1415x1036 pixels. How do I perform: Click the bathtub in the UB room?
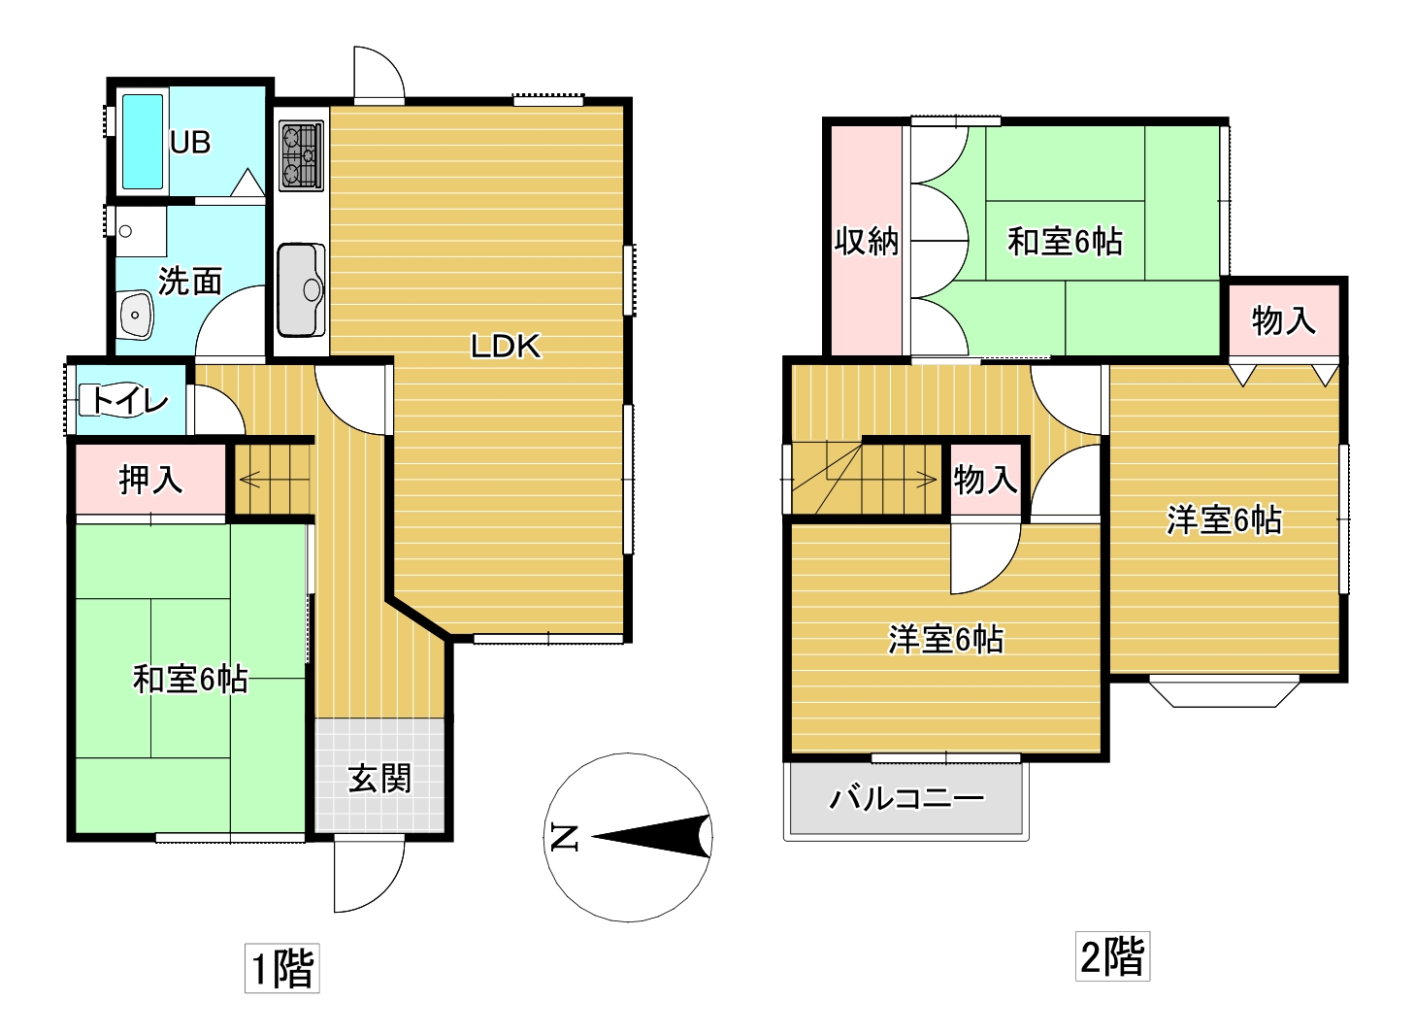[x=142, y=142]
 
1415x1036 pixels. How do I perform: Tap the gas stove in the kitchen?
[x=301, y=156]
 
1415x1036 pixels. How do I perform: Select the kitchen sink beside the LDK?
[x=301, y=289]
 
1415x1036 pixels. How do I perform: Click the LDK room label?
[x=506, y=347]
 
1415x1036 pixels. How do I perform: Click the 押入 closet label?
[x=151, y=480]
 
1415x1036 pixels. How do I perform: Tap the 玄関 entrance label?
[x=379, y=778]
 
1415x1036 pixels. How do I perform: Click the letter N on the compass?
[x=564, y=837]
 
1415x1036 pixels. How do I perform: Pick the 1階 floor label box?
[x=281, y=968]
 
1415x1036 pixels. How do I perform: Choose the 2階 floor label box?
[x=1112, y=955]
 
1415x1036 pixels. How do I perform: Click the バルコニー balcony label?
[x=906, y=799]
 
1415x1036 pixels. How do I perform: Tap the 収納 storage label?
[x=866, y=241]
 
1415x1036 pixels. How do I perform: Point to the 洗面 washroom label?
[x=189, y=281]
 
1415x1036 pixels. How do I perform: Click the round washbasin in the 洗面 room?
[x=135, y=315]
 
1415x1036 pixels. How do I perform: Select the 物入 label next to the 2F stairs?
[x=985, y=480]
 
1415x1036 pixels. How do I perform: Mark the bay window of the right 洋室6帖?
[x=1224, y=691]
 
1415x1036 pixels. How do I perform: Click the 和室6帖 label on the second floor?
[x=1065, y=242]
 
